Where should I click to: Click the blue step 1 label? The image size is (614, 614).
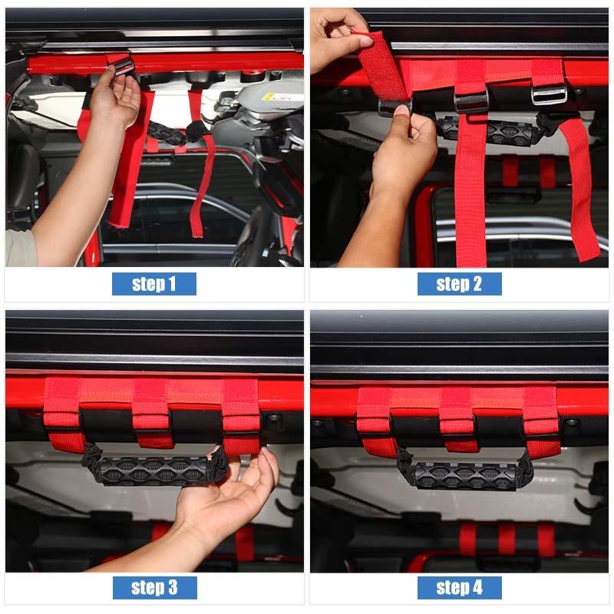pos(153,284)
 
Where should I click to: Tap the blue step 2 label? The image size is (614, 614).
pos(459,284)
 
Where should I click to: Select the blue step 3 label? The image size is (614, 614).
pos(154,588)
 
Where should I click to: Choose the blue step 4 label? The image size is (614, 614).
pos(459,588)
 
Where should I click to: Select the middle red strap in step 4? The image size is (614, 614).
pos(459,418)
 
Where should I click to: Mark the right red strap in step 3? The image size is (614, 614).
pos(241,414)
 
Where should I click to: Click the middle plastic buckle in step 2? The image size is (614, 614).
pos(471,101)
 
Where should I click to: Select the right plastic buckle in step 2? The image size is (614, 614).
pos(549,94)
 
